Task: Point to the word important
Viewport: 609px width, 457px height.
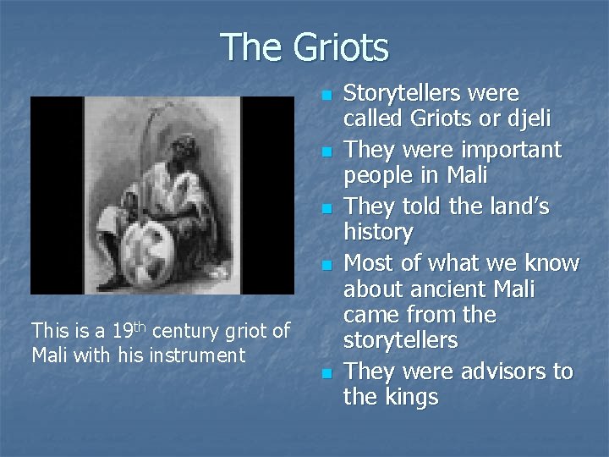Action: [x=513, y=150]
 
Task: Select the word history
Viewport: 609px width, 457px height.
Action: [x=378, y=232]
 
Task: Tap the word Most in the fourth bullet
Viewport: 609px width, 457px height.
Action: [x=371, y=263]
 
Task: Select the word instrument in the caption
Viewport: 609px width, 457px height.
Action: [x=196, y=354]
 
